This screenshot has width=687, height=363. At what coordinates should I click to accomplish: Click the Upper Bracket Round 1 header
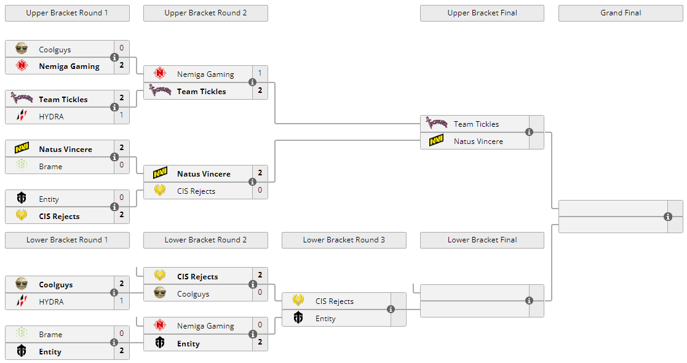pyautogui.click(x=67, y=13)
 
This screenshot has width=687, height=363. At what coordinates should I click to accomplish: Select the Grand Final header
pyautogui.click(x=621, y=13)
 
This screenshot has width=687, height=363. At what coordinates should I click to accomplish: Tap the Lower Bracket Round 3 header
pyautogui.click(x=344, y=240)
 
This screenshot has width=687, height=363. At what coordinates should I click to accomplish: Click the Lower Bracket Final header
pyautogui.click(x=482, y=240)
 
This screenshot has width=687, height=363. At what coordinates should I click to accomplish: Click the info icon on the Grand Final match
pyautogui.click(x=668, y=217)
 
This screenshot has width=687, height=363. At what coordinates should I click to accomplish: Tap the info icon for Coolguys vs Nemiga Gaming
pyautogui.click(x=114, y=57)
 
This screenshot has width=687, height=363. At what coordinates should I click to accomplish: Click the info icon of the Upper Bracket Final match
pyautogui.click(x=530, y=132)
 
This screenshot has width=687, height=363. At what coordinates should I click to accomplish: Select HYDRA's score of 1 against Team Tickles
pyautogui.click(x=122, y=115)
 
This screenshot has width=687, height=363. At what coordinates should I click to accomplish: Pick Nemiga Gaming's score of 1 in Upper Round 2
pyautogui.click(x=260, y=73)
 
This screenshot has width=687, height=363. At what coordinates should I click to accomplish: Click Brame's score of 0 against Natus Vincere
pyautogui.click(x=122, y=165)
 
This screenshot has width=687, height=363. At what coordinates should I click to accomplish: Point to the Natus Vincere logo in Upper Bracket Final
pyautogui.click(x=437, y=141)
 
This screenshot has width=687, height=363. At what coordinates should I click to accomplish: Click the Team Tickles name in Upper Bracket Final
pyautogui.click(x=476, y=124)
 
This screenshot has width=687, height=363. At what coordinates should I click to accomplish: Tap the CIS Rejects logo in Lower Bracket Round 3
pyautogui.click(x=298, y=301)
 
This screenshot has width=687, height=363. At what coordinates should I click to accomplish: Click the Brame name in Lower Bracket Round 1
pyautogui.click(x=50, y=335)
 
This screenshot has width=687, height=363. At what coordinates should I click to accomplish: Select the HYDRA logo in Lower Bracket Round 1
pyautogui.click(x=22, y=301)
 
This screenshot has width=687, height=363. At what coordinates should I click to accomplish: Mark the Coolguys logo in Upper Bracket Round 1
pyautogui.click(x=22, y=49)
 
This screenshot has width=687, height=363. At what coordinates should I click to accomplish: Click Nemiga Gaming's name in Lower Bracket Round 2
pyautogui.click(x=205, y=326)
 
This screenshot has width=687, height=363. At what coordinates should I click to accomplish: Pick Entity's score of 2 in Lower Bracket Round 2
pyautogui.click(x=260, y=342)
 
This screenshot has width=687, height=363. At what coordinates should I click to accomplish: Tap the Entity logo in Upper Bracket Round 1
pyautogui.click(x=22, y=199)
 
